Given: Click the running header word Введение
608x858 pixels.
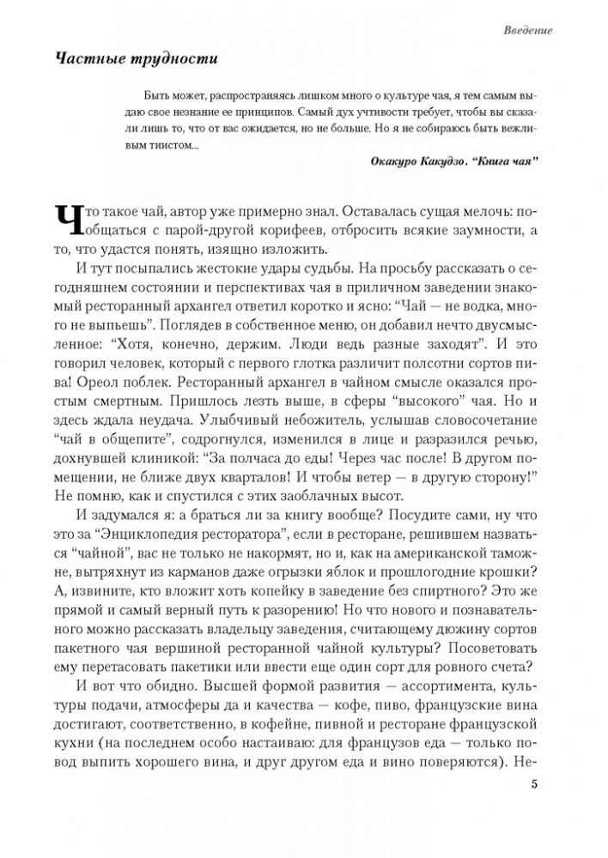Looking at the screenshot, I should pos(527,31).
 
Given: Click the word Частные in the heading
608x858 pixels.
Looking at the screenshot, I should pos(89,59).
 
